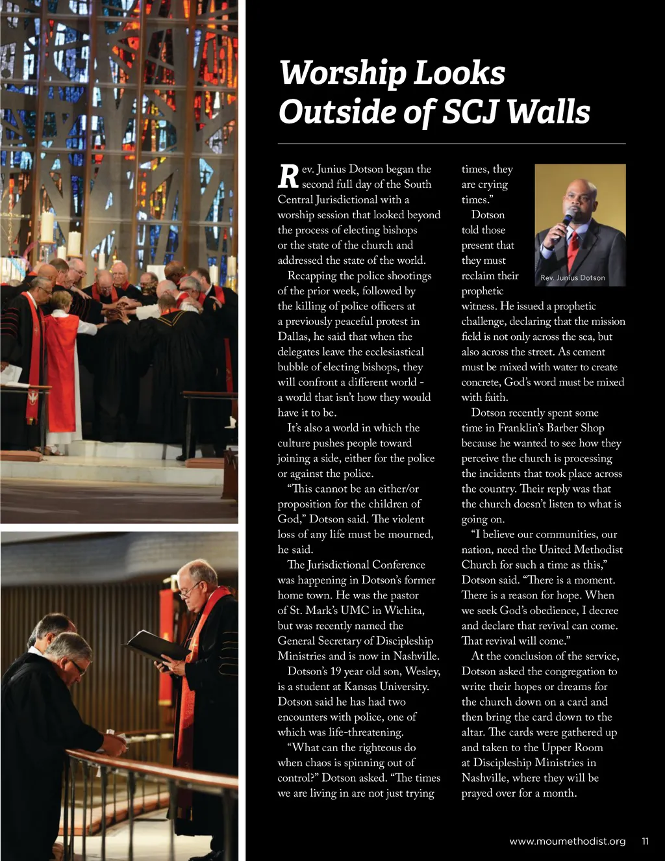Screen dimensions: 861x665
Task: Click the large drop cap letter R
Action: tap(288, 175)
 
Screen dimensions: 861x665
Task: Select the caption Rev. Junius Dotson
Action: tap(572, 278)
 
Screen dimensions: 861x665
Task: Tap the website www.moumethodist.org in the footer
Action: tap(567, 842)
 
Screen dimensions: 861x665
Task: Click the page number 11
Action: tap(645, 842)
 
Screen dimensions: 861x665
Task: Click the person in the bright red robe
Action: tap(62, 364)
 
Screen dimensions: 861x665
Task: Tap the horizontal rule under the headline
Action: tap(451, 143)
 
